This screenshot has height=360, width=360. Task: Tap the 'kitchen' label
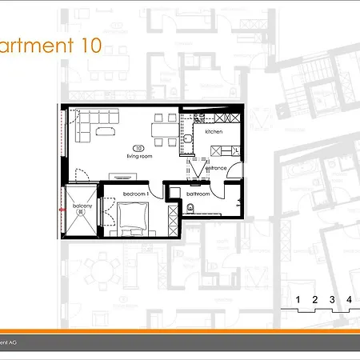click(214, 131)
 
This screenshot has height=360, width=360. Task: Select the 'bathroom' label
click(198, 194)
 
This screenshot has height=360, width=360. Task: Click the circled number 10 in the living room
click(138, 148)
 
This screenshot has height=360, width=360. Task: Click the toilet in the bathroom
click(189, 208)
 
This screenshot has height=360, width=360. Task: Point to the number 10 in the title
click(91, 46)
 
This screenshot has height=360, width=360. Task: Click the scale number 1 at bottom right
click(298, 300)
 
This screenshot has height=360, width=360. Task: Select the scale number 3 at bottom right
click(332, 300)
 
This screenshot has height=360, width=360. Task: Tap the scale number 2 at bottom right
click(314, 300)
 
